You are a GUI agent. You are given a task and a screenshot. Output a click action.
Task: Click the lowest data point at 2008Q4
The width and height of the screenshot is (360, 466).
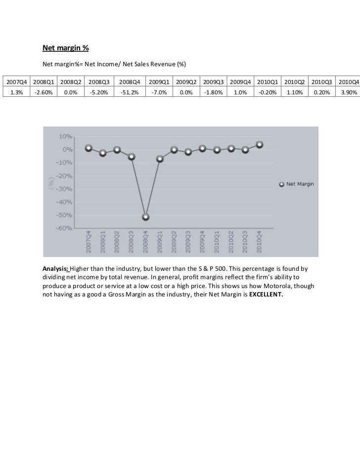(146, 217)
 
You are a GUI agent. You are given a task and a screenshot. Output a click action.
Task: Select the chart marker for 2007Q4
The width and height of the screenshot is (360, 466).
(89, 148)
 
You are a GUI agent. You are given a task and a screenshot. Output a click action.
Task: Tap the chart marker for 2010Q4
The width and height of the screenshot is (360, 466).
(260, 145)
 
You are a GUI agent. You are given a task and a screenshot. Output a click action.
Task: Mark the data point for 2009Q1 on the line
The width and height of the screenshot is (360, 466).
(160, 159)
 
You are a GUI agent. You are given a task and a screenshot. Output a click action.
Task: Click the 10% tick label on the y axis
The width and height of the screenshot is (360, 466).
(66, 136)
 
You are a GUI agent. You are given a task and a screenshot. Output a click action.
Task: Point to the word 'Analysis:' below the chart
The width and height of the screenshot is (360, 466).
(56, 268)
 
